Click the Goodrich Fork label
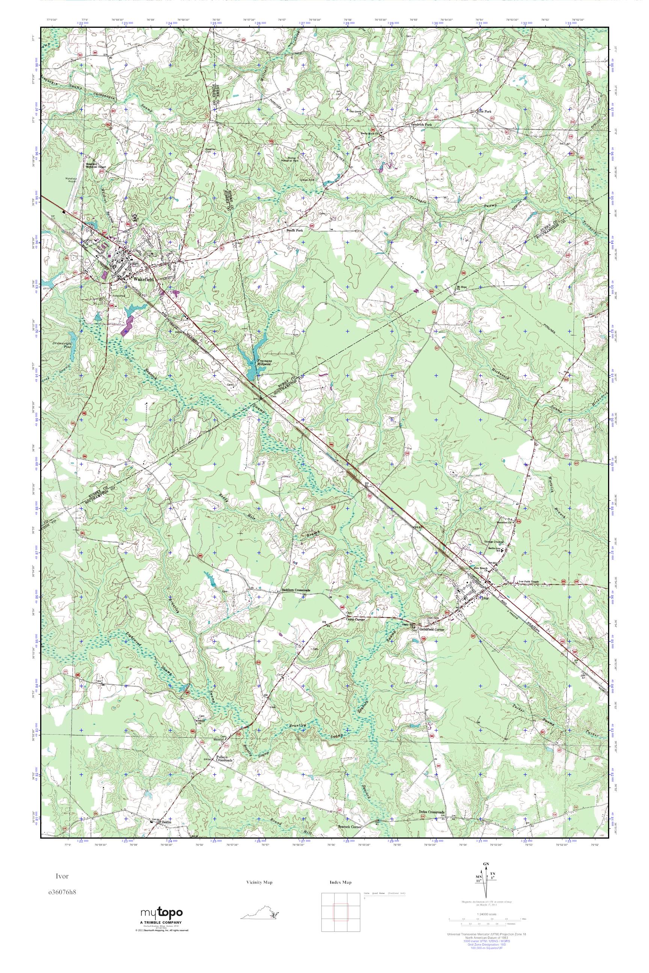pos(421,125)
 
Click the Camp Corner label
pos(357,619)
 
